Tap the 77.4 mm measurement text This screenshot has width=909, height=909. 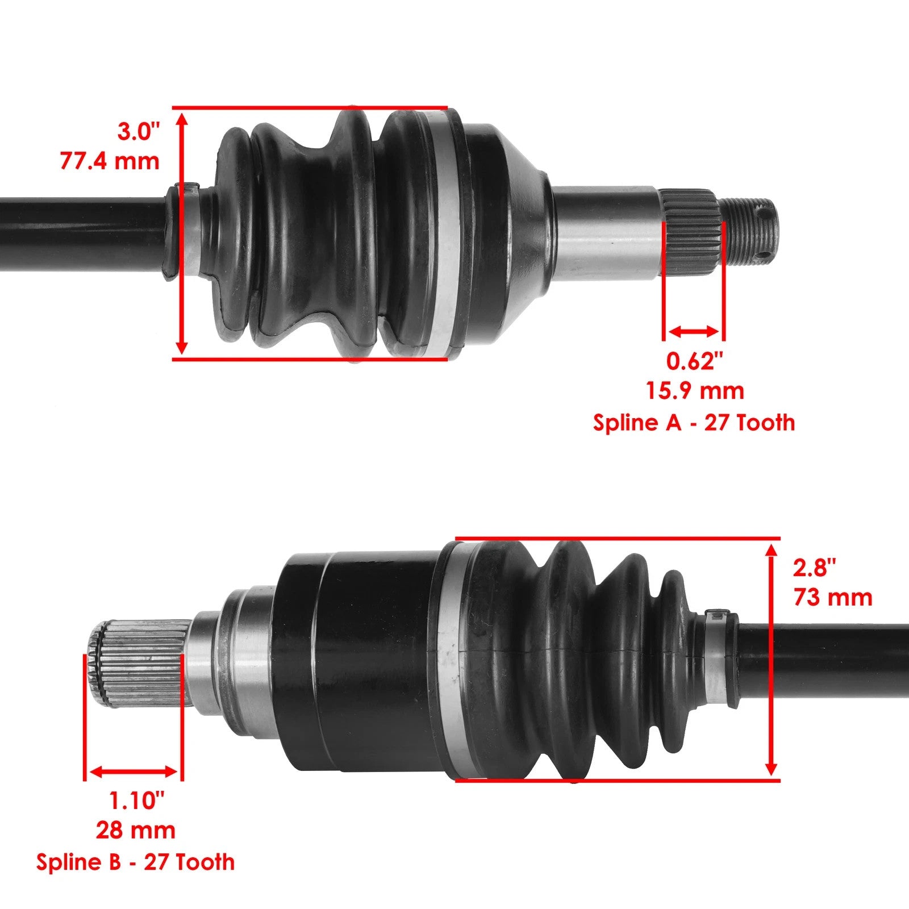point(110,161)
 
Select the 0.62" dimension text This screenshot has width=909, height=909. point(695,361)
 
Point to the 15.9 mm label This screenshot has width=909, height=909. point(695,391)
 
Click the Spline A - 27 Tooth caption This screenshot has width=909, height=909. point(694,423)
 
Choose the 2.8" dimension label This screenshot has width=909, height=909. point(815,568)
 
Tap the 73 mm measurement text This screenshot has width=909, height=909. point(833,598)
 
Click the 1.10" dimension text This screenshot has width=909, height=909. point(136,800)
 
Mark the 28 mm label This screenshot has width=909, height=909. point(135,831)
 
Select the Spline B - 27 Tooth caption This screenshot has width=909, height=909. point(135,862)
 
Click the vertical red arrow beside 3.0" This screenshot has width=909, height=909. point(182,233)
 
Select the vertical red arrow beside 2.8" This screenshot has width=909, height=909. point(771,659)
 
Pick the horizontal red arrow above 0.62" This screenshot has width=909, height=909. point(694,331)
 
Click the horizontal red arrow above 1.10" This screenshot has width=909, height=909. point(134,772)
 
